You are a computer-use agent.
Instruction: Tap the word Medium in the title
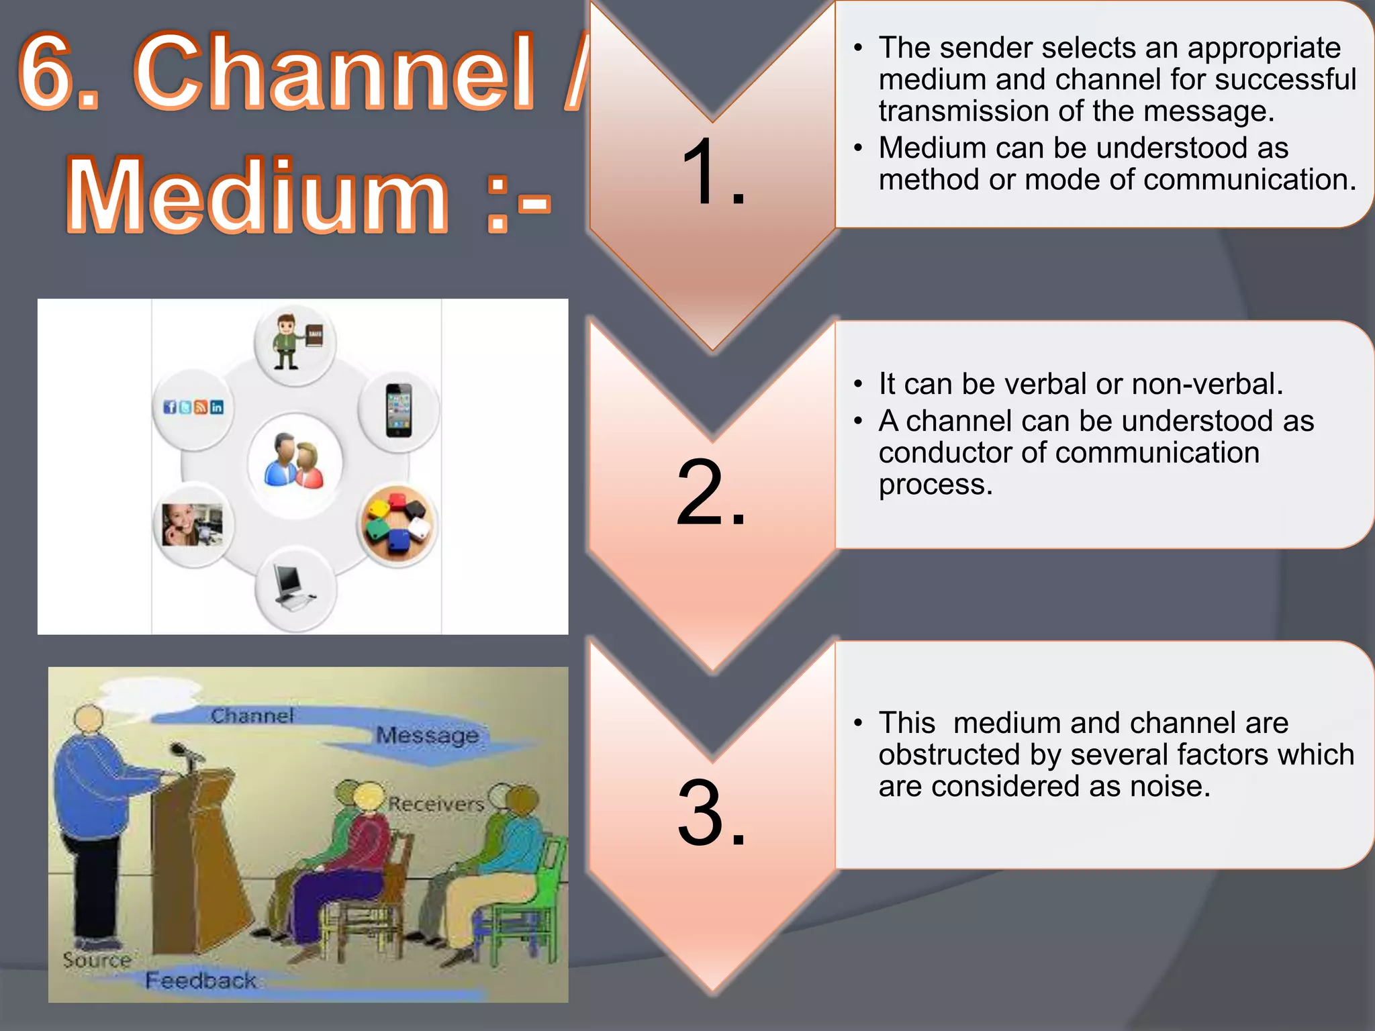[258, 196]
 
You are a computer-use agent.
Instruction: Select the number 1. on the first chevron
[712, 173]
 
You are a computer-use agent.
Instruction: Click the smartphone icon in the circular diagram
[399, 411]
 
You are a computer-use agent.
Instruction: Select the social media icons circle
[193, 408]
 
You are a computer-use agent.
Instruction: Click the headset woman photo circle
[193, 524]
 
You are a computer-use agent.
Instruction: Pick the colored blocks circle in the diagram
[397, 524]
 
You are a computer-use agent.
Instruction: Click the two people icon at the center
[295, 462]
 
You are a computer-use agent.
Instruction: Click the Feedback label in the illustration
[201, 981]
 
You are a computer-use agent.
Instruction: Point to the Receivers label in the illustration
[436, 804]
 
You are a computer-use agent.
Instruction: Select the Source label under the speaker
[97, 960]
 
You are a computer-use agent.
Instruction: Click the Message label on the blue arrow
[428, 736]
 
